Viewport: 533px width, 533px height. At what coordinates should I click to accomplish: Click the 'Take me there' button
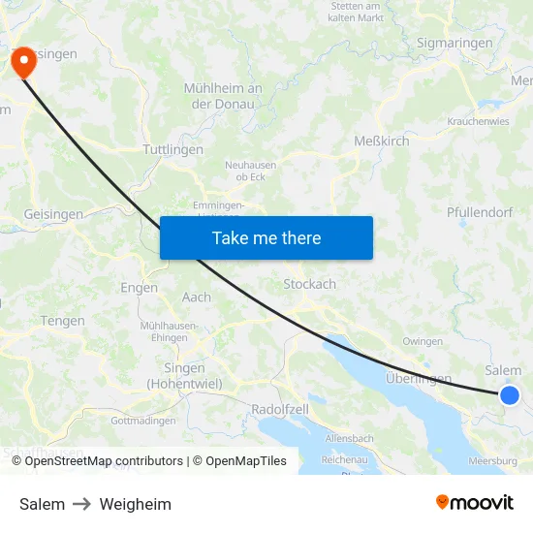[x=266, y=237]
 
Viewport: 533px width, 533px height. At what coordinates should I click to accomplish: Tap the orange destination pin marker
[x=21, y=62]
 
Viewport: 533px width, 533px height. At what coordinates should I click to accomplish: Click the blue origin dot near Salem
[x=509, y=394]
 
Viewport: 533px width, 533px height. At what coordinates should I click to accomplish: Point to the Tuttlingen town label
[x=172, y=150]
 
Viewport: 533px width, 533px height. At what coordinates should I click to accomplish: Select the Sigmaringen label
[x=454, y=44]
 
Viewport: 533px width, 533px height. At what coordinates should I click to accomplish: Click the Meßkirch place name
[x=381, y=141]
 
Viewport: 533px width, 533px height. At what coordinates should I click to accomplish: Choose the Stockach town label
[x=309, y=285]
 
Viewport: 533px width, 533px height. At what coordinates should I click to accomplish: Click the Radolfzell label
[x=279, y=409]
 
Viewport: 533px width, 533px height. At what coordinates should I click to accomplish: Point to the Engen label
[x=139, y=288]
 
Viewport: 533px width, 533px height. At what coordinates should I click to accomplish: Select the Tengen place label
[x=62, y=321]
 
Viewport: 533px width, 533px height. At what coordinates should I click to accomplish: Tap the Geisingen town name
[x=53, y=214]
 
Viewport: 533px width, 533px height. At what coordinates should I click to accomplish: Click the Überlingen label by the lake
[x=419, y=378]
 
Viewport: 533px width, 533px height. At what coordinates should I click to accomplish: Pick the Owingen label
[x=423, y=341]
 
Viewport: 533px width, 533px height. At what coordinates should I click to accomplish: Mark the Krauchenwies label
[x=479, y=122]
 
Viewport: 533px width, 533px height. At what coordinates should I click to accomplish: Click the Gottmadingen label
[x=143, y=421]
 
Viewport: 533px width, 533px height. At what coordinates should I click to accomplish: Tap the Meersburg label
[x=492, y=461]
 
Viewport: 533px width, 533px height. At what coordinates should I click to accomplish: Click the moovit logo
[x=474, y=503]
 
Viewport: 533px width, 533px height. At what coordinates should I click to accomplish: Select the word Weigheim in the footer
[x=135, y=504]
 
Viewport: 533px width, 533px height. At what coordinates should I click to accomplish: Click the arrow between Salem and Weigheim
[x=82, y=504]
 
